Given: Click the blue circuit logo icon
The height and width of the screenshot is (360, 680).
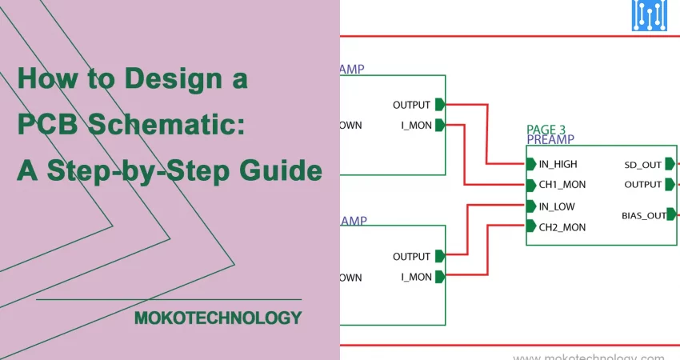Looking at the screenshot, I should pos(650,15).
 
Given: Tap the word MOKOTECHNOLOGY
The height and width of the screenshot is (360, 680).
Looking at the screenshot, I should pos(218,318).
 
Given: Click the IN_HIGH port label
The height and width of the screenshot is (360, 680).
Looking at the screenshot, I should pos(558,164).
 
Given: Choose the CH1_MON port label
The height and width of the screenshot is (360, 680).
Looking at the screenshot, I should pos(562,185).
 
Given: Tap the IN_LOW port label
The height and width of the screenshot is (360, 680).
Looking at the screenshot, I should pos(557,206).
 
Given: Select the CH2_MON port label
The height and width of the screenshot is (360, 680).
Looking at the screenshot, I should pos(562,227).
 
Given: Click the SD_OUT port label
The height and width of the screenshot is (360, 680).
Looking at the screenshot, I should pos(642,165).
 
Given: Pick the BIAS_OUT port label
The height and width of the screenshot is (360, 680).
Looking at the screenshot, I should pos(643,215).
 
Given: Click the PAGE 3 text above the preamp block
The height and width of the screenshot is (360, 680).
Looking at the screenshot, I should pos(546,129).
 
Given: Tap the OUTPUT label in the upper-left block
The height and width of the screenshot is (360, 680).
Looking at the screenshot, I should pos(411,105).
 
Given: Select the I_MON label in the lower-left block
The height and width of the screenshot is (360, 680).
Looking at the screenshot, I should pos(416,277).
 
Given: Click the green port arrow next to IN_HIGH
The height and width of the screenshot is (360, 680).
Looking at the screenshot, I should pos(531,164).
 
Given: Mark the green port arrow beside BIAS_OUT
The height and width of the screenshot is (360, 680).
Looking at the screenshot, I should pos(671,214).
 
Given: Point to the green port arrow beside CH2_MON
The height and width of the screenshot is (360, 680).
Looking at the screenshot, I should pos(531,227).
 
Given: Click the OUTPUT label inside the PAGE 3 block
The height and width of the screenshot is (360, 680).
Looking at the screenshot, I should pos(643,185).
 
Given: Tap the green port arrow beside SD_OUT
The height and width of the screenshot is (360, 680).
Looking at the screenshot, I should pos(669,165).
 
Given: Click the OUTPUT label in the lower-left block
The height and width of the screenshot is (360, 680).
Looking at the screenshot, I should pos(411,257).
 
